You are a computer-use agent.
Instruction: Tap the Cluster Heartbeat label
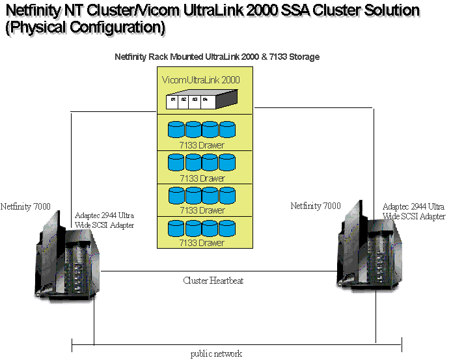tap(213, 281)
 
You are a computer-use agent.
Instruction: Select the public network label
tap(216, 353)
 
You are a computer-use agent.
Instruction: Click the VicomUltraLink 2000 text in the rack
tap(200, 80)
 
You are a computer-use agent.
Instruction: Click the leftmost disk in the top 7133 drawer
tap(176, 129)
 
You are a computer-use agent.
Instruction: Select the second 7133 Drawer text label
tap(202, 178)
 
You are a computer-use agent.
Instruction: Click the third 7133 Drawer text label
tap(202, 210)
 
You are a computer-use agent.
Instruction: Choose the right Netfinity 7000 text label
tap(315, 206)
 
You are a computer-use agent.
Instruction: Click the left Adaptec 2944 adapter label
tap(105, 220)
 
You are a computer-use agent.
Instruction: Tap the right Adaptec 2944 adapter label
tap(414, 211)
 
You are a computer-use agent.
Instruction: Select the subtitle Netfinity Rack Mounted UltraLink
tap(217, 57)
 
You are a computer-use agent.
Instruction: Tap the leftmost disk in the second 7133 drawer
tap(176, 162)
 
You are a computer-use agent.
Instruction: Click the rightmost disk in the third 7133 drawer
tap(227, 195)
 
